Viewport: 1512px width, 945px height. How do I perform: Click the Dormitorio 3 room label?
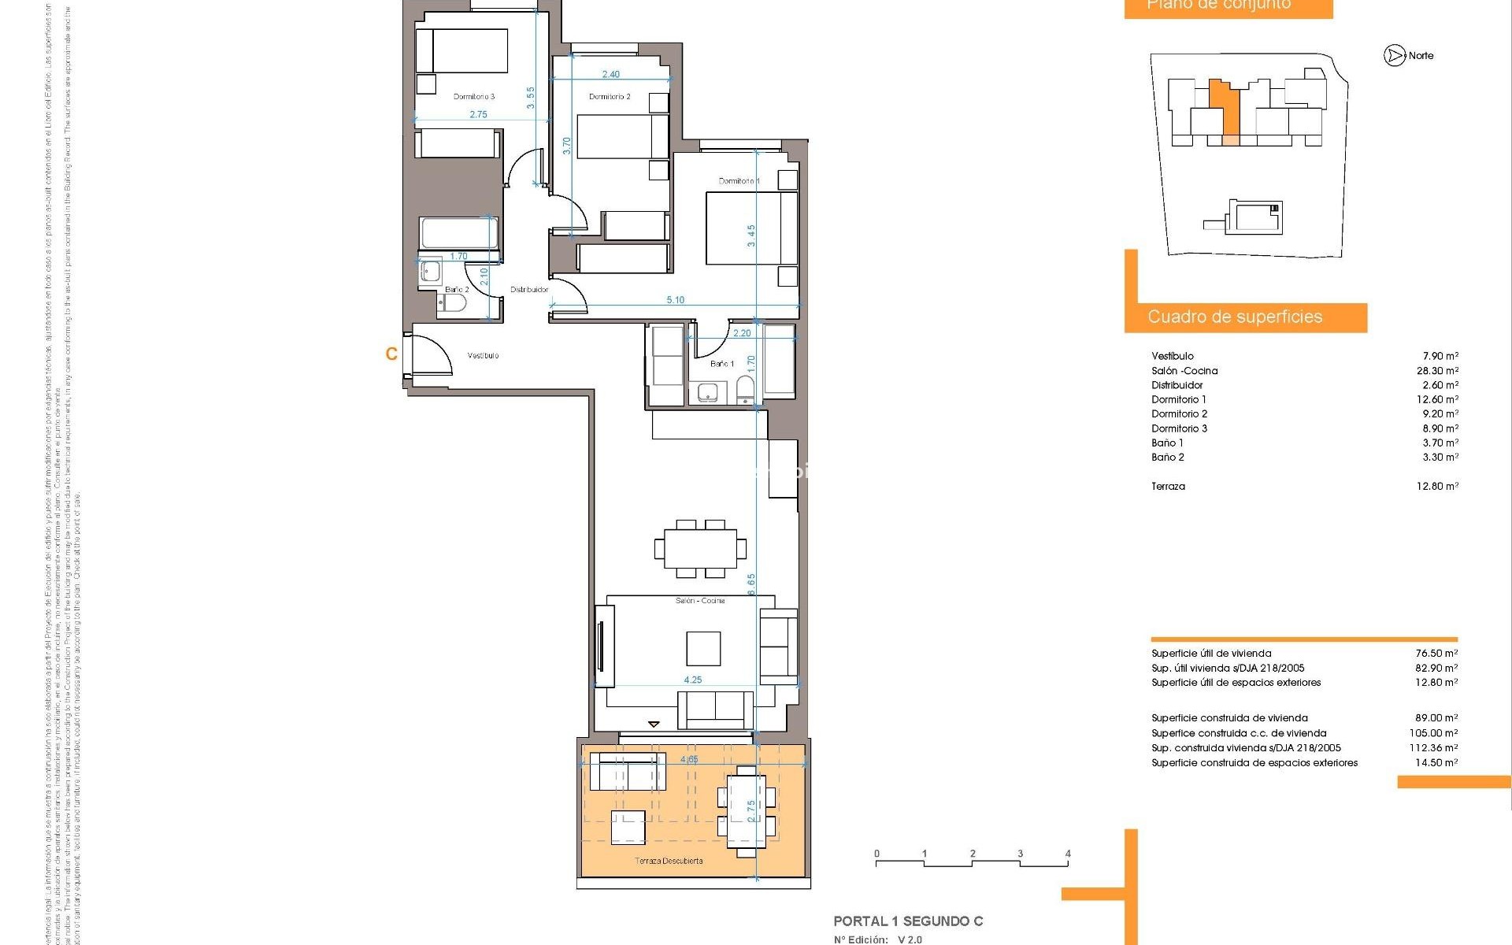click(x=474, y=97)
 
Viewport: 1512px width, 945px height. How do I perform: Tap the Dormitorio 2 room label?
click(x=610, y=97)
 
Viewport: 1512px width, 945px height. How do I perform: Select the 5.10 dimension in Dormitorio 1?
click(x=675, y=300)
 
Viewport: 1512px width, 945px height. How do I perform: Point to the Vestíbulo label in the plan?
click(x=483, y=356)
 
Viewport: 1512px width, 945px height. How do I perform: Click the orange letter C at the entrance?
click(x=391, y=354)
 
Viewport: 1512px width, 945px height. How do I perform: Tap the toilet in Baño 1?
click(x=745, y=390)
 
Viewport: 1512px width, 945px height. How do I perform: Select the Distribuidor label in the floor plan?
click(x=528, y=290)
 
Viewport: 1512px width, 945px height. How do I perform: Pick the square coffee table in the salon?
click(x=702, y=649)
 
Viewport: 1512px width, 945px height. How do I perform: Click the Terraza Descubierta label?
click(x=669, y=861)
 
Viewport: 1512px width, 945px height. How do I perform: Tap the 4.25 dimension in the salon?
click(x=692, y=680)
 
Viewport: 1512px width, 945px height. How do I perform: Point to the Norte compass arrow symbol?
click(x=1395, y=56)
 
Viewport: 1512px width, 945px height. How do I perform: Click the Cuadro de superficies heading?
click(x=1234, y=317)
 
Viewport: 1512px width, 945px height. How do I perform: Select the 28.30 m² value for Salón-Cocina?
click(x=1437, y=371)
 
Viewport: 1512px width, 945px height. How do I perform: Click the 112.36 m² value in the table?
click(x=1434, y=748)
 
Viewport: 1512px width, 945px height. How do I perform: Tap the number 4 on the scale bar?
click(x=1068, y=854)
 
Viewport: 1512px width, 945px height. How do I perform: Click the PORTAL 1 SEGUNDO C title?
click(x=908, y=921)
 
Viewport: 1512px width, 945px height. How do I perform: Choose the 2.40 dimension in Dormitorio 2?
click(x=610, y=75)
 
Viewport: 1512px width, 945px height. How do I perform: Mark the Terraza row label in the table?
click(x=1168, y=487)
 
